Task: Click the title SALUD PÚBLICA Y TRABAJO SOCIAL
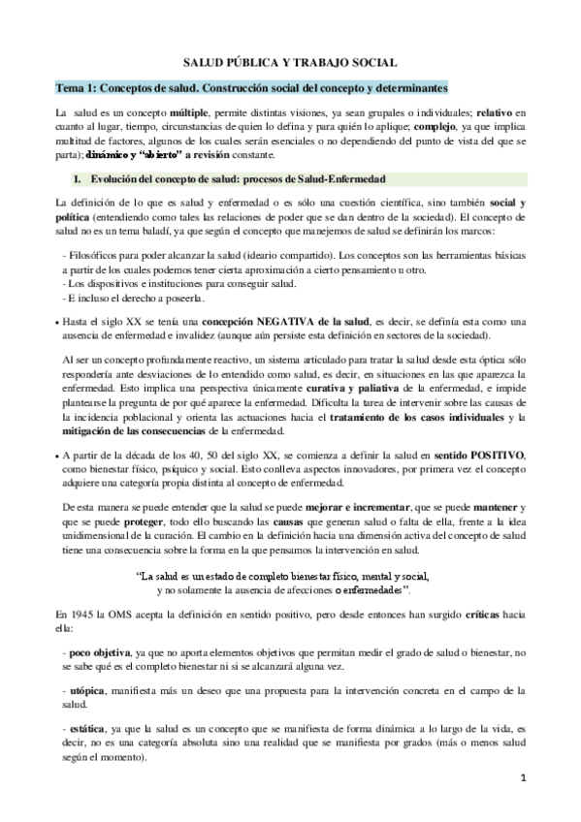tap(291, 60)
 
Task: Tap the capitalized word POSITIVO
tap(496, 455)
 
